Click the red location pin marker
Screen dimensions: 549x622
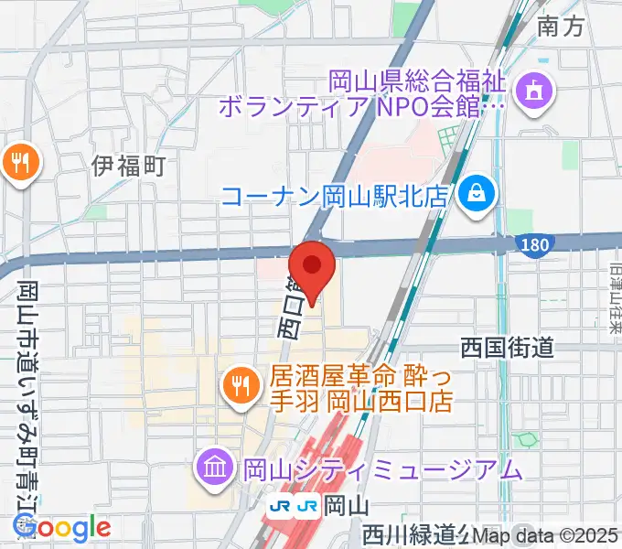pos(313,267)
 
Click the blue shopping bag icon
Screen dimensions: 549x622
pos(477,194)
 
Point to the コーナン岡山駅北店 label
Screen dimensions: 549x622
pos(345,195)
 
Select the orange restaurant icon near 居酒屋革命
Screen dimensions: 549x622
pos(240,386)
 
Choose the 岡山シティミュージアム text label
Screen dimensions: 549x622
pos(381,470)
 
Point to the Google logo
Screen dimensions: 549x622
pos(62,527)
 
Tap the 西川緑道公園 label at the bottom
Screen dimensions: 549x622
pos(416,533)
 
